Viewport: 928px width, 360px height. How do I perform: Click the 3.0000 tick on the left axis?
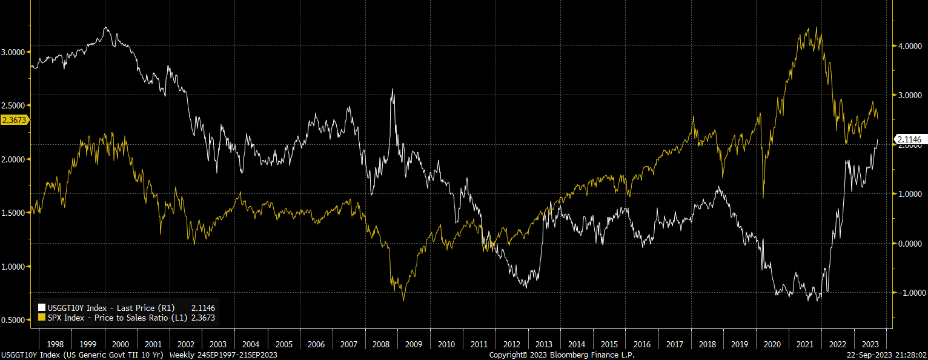(x=13, y=52)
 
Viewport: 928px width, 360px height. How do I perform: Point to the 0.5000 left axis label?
(x=13, y=320)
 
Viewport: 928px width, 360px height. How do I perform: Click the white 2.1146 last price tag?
(x=909, y=140)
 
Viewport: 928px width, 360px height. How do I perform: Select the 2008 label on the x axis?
(x=381, y=344)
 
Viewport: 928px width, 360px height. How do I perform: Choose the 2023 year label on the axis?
(x=870, y=344)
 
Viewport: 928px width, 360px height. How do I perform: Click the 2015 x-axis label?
(x=609, y=344)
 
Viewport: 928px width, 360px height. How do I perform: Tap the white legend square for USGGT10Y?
(x=41, y=308)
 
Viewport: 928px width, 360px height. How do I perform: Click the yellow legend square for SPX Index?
(x=41, y=317)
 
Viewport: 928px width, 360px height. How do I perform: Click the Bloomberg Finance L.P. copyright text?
(x=562, y=355)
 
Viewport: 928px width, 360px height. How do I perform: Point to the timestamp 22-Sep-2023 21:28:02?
(x=887, y=355)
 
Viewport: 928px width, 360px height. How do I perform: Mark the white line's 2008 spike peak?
(x=393, y=89)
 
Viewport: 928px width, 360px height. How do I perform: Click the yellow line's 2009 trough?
(x=403, y=300)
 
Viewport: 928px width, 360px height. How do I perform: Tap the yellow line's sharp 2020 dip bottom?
(x=763, y=197)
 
